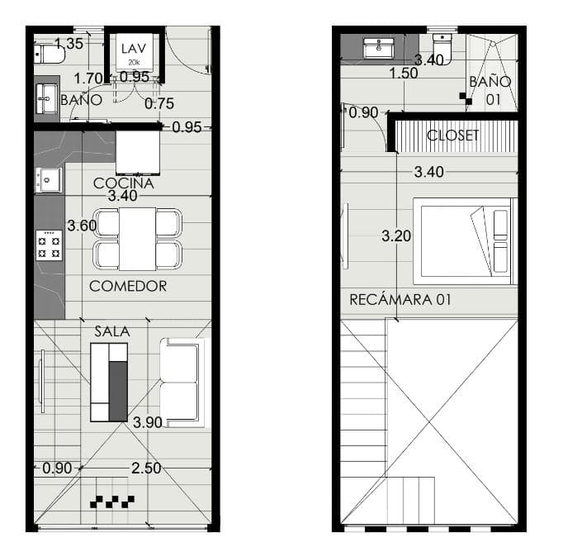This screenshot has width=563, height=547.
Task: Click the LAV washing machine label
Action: click(134, 49)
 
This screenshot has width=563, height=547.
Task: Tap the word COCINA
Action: click(124, 183)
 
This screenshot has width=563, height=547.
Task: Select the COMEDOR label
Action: click(128, 286)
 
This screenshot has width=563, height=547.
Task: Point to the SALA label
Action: click(112, 331)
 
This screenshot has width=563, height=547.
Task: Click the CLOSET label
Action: click(452, 136)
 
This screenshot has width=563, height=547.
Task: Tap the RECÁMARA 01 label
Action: click(400, 300)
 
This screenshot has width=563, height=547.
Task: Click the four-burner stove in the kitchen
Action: click(49, 245)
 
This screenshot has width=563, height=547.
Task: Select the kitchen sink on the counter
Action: click(49, 179)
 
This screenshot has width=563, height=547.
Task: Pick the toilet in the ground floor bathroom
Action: click(50, 55)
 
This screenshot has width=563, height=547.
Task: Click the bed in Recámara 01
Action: click(466, 241)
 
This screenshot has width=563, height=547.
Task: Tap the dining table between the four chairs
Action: click(138, 239)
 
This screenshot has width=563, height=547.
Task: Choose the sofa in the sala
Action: click(182, 383)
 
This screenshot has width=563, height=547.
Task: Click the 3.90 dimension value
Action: click(148, 423)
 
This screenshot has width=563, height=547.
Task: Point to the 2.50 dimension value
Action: click(146, 469)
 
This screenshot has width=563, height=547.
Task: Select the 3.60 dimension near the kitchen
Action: click(82, 226)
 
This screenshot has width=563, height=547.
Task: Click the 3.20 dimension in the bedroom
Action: click(396, 236)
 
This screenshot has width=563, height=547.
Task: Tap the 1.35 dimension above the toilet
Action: click(69, 44)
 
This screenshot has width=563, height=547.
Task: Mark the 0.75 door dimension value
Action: click(159, 104)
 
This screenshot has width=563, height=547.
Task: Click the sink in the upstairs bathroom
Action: click(379, 48)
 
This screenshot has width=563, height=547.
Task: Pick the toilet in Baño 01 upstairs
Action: click(442, 47)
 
